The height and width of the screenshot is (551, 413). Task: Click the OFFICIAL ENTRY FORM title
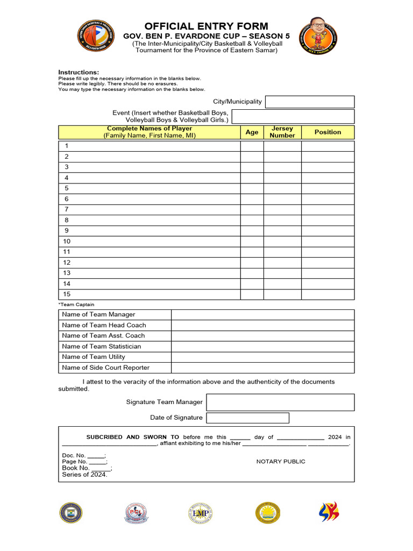click(x=206, y=26)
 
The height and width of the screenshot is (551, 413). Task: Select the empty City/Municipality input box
click(x=310, y=102)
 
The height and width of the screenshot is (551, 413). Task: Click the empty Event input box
click(x=293, y=116)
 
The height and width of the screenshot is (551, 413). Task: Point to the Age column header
click(x=252, y=132)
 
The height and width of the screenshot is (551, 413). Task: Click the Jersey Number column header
click(x=282, y=132)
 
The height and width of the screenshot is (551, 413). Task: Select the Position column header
click(x=327, y=132)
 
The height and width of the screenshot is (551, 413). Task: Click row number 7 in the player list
click(x=67, y=209)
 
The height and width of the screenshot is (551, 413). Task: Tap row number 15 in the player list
click(x=67, y=294)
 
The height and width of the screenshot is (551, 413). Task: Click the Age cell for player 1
click(x=252, y=146)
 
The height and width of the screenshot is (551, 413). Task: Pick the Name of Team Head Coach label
click(x=104, y=325)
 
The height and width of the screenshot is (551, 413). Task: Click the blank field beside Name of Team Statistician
click(x=262, y=347)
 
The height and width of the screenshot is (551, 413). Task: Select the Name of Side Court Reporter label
click(x=106, y=368)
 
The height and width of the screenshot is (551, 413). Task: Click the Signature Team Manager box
click(x=280, y=402)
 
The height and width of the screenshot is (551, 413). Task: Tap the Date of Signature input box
click(x=247, y=418)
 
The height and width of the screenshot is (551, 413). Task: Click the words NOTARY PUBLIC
click(x=281, y=462)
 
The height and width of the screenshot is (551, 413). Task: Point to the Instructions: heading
click(x=79, y=72)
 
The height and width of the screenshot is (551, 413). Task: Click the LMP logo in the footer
click(x=201, y=513)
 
